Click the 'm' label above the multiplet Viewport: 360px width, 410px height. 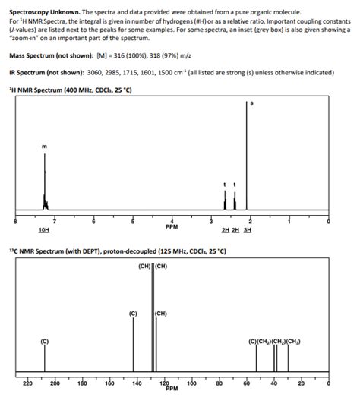44,146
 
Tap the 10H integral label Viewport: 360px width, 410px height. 44,230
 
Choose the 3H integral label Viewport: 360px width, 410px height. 247,230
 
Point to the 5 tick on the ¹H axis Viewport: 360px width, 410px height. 132,220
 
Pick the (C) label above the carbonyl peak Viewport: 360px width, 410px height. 44,339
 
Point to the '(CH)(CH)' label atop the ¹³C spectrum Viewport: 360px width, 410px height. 153,266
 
